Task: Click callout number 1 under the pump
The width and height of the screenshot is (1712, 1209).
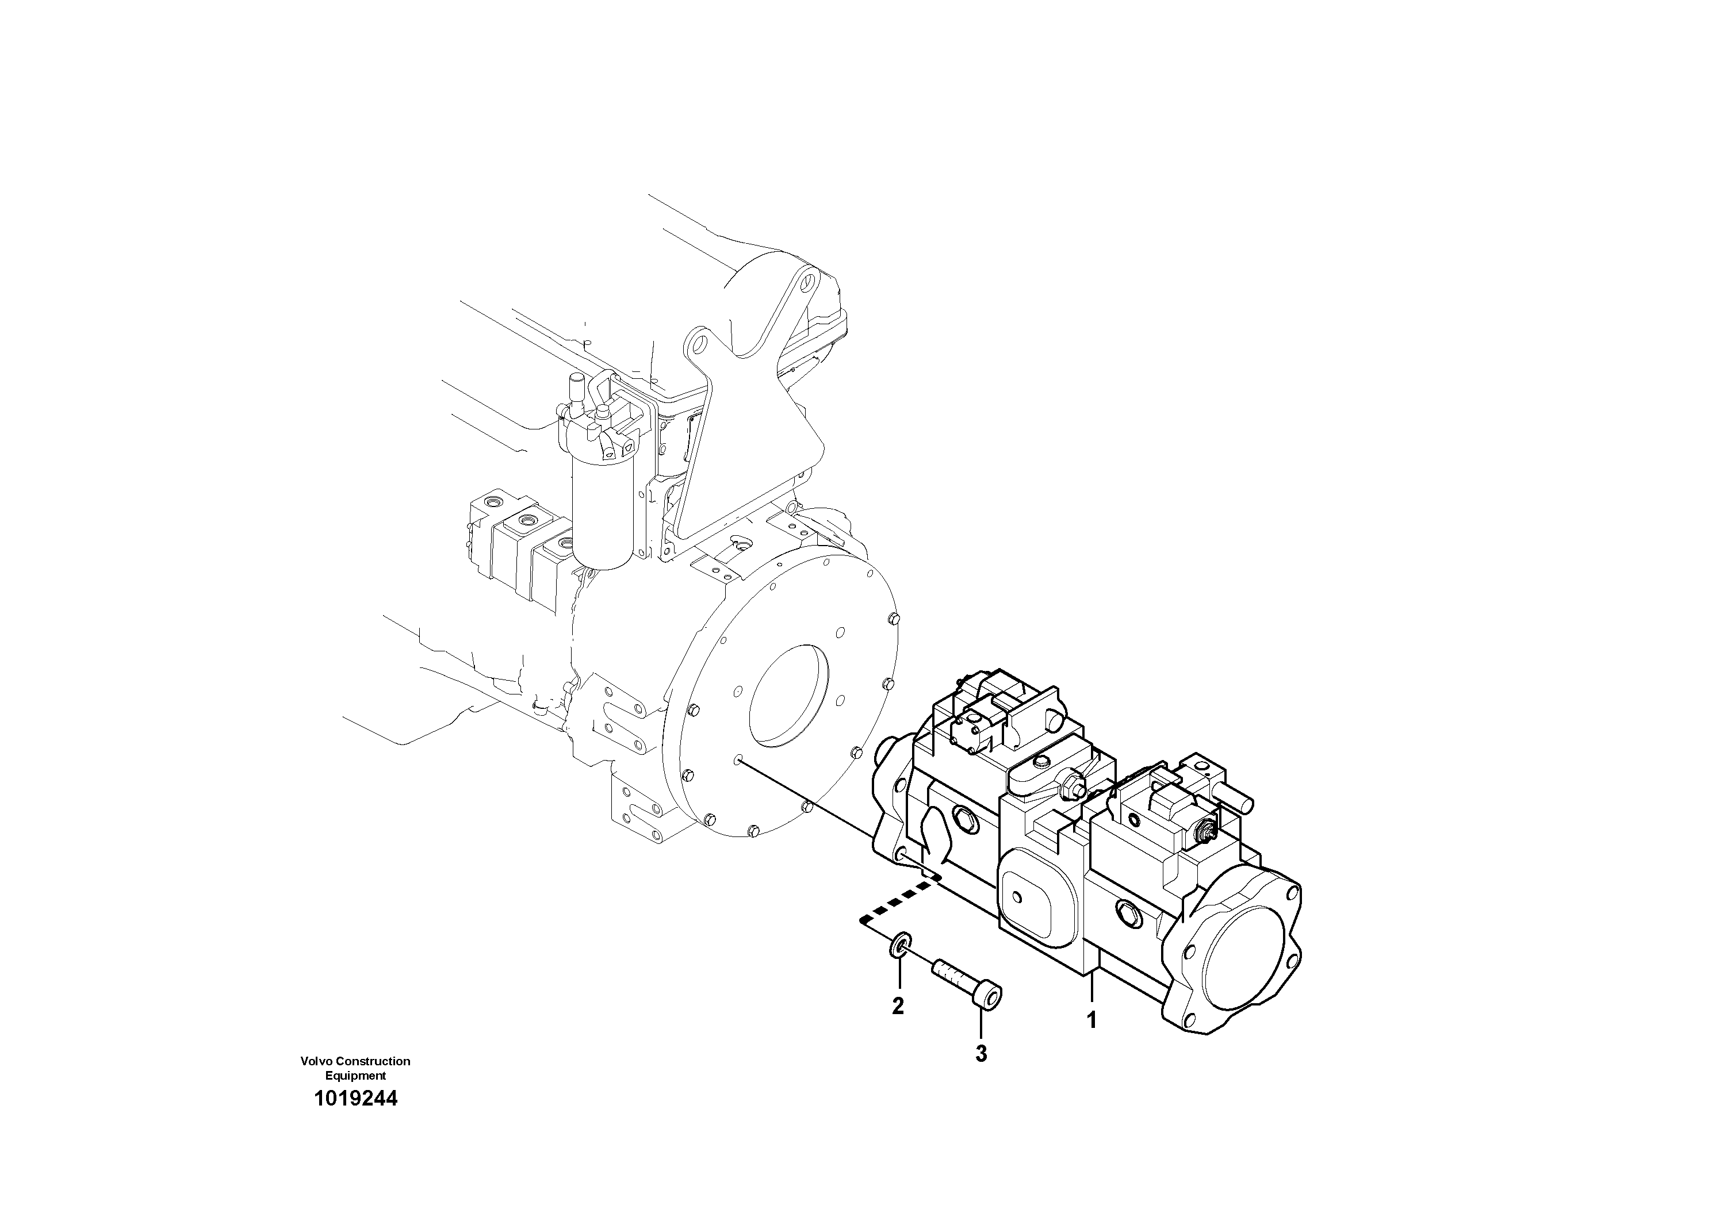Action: pos(1091,1020)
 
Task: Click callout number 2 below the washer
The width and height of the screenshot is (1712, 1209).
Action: pos(898,1005)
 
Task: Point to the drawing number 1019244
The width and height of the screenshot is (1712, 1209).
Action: pos(355,1099)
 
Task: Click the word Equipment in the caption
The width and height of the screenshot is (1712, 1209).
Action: pos(355,1076)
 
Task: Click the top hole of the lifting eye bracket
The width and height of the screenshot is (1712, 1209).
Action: pos(806,284)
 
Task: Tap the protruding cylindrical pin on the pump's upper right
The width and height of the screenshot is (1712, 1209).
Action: pos(1237,799)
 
